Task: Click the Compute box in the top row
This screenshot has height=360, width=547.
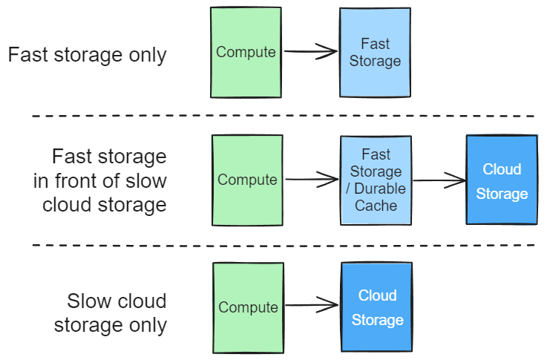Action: click(x=246, y=53)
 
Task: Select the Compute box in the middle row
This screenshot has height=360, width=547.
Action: click(x=247, y=180)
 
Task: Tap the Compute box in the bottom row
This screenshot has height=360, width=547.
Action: click(x=248, y=307)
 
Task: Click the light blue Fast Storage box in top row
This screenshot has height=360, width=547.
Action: click(x=375, y=53)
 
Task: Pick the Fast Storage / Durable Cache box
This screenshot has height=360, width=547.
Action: click(x=376, y=180)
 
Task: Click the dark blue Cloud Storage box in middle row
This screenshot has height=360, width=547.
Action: click(x=502, y=180)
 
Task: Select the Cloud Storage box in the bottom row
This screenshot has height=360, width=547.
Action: click(x=377, y=307)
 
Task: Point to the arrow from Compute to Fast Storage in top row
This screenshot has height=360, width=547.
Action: click(x=311, y=51)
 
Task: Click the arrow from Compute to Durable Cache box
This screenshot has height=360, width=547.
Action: click(x=312, y=180)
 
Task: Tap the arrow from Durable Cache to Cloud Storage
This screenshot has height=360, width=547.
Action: click(x=439, y=180)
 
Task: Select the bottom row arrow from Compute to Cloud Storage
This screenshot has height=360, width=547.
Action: click(x=312, y=304)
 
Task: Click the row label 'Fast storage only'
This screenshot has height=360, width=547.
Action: click(x=87, y=56)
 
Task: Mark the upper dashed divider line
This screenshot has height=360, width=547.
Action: click(x=282, y=117)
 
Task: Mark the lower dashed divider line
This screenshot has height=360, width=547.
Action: click(x=282, y=245)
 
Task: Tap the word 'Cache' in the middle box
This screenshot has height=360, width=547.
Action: click(x=376, y=206)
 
